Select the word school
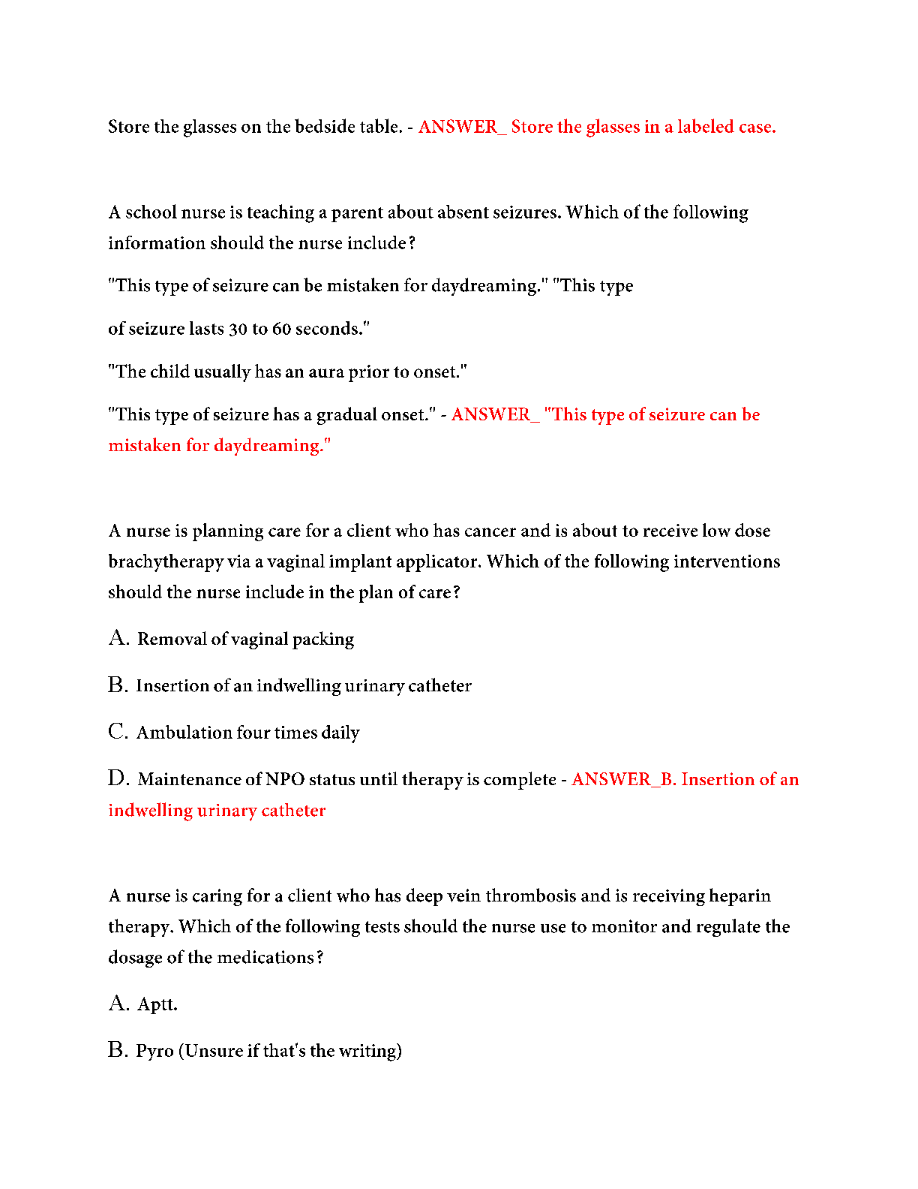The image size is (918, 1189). pos(151,212)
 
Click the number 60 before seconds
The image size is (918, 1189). pos(281,329)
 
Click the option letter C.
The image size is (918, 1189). pos(118,732)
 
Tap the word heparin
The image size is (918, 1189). pos(739,896)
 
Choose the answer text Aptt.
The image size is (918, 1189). pos(157,1005)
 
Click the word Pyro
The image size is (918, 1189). pos(154,1051)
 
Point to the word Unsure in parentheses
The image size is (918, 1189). pos(213,1051)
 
